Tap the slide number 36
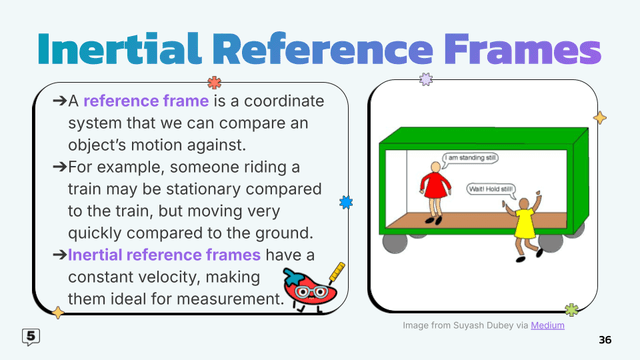pyautogui.click(x=603, y=339)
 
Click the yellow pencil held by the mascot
pyautogui.click(x=335, y=273)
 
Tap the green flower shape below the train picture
pyautogui.click(x=571, y=310)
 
